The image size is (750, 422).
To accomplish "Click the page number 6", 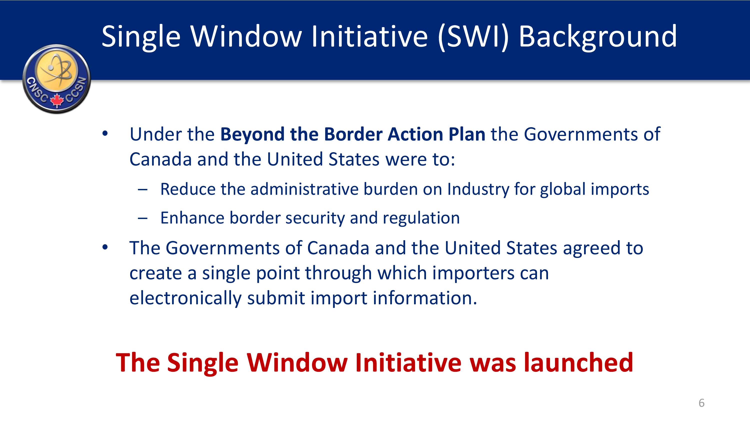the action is (x=701, y=403).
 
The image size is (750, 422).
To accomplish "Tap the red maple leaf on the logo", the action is (x=57, y=100).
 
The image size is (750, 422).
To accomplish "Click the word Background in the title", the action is (x=598, y=36).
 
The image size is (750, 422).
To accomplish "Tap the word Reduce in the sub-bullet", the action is (x=188, y=189).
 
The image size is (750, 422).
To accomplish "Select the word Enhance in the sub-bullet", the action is (x=192, y=218).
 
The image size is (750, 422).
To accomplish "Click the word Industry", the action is (x=478, y=189).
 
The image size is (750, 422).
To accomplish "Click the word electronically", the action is (x=185, y=298).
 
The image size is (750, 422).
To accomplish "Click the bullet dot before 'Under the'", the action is (x=105, y=134).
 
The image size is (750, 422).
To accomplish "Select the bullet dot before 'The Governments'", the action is (x=105, y=248).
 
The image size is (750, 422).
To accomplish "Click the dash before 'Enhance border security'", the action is (x=143, y=218).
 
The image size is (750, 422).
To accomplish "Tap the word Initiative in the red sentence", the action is (x=408, y=362).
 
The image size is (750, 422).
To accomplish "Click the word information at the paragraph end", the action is (x=425, y=298).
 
